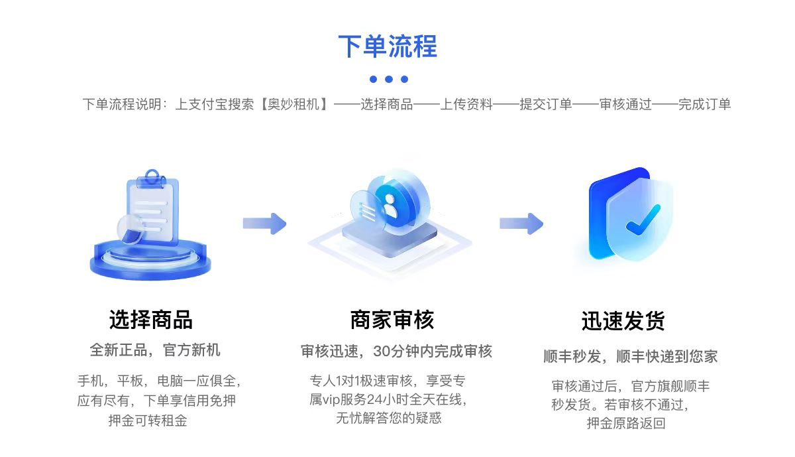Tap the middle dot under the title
[x=389, y=80]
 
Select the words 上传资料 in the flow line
[x=466, y=105]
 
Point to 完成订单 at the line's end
[x=704, y=105]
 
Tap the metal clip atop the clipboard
[x=153, y=177]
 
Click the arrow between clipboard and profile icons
[x=264, y=224]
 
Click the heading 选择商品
[x=151, y=320]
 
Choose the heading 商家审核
[x=392, y=320]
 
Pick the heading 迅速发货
[x=623, y=321]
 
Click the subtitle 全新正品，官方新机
[x=155, y=350]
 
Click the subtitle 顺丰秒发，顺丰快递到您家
[x=630, y=356]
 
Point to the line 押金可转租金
[x=148, y=421]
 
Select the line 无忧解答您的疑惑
[x=388, y=419]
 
